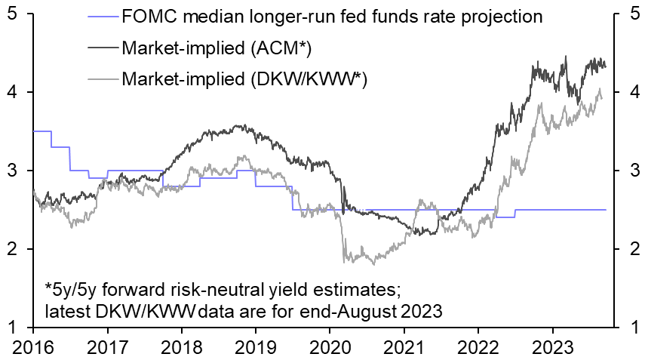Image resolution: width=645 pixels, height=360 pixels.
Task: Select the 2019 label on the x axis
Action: (256, 348)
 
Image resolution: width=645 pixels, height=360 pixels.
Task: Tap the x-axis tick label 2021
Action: (404, 348)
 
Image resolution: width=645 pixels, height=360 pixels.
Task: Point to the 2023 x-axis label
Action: (552, 348)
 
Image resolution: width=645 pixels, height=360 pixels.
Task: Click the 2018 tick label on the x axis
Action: (181, 348)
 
